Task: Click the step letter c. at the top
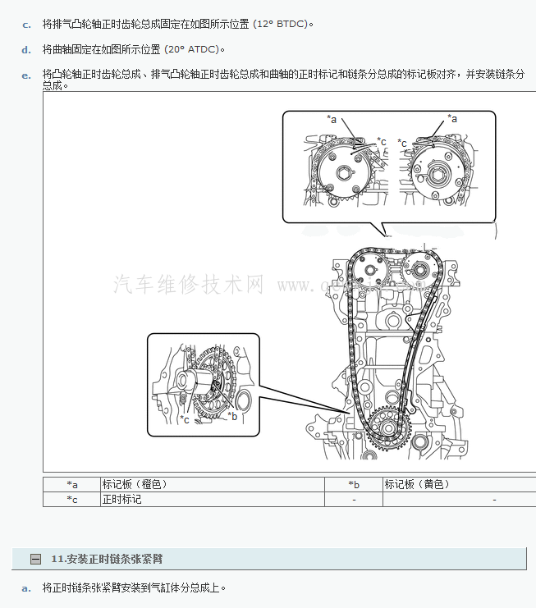coord(26,25)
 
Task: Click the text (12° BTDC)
coord(282,25)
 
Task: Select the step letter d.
coord(26,50)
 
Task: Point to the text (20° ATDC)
coord(194,50)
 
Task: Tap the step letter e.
coord(26,75)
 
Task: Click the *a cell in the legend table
coord(72,485)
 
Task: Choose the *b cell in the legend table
coord(354,485)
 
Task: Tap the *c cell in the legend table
coord(72,499)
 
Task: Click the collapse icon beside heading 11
coord(35,559)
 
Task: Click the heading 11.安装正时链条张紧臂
coord(107,559)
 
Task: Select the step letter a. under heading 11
coord(26,587)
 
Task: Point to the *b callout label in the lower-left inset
coord(232,416)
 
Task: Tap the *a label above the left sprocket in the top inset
coord(332,119)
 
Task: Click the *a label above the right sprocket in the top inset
coord(452,119)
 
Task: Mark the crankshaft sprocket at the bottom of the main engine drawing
coord(383,425)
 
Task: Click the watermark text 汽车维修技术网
coord(189,285)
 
